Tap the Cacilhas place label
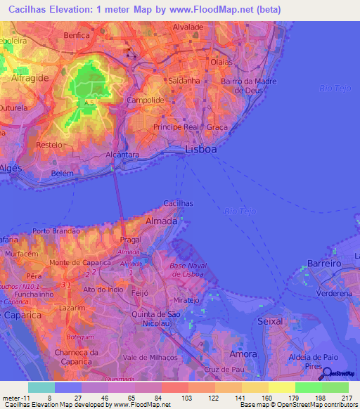pos(179,203)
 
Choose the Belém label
pos(63,172)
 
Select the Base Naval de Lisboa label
pos(187,271)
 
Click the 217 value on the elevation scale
pos(335,397)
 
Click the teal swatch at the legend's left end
pos(41,387)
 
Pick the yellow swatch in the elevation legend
pos(281,387)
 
